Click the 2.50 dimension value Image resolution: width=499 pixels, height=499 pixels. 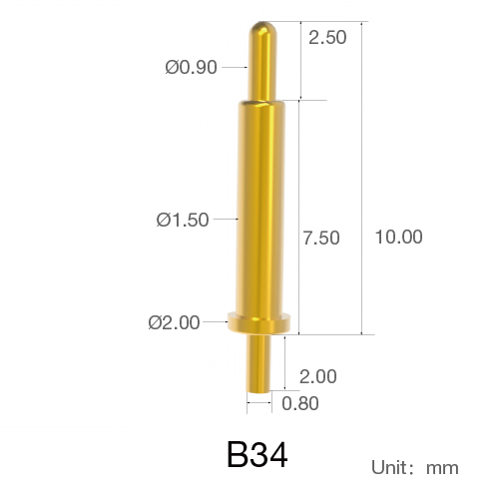click(x=327, y=37)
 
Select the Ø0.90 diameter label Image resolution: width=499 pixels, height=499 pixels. click(x=191, y=67)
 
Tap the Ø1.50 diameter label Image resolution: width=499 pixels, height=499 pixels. click(x=183, y=220)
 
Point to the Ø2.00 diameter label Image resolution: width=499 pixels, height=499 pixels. click(x=174, y=322)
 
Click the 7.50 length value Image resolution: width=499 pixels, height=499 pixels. click(x=321, y=238)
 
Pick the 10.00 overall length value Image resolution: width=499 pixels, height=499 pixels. click(x=398, y=237)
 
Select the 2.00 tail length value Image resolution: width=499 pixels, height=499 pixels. click(x=318, y=376)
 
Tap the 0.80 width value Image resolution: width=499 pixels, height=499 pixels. click(x=300, y=403)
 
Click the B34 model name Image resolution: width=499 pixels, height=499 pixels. click(x=257, y=454)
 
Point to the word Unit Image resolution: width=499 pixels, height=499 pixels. click(x=389, y=467)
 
